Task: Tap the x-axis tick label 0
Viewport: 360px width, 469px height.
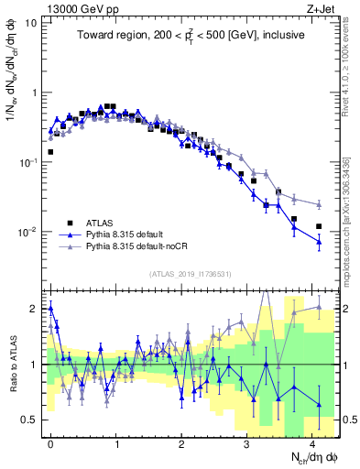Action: [50, 442]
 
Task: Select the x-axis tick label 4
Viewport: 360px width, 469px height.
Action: [312, 442]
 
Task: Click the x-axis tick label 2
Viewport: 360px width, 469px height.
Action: [181, 442]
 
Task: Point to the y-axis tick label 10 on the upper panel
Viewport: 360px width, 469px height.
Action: [31, 22]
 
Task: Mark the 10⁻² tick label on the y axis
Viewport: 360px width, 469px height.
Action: [27, 232]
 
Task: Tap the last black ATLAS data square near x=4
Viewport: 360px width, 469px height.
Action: [319, 226]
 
